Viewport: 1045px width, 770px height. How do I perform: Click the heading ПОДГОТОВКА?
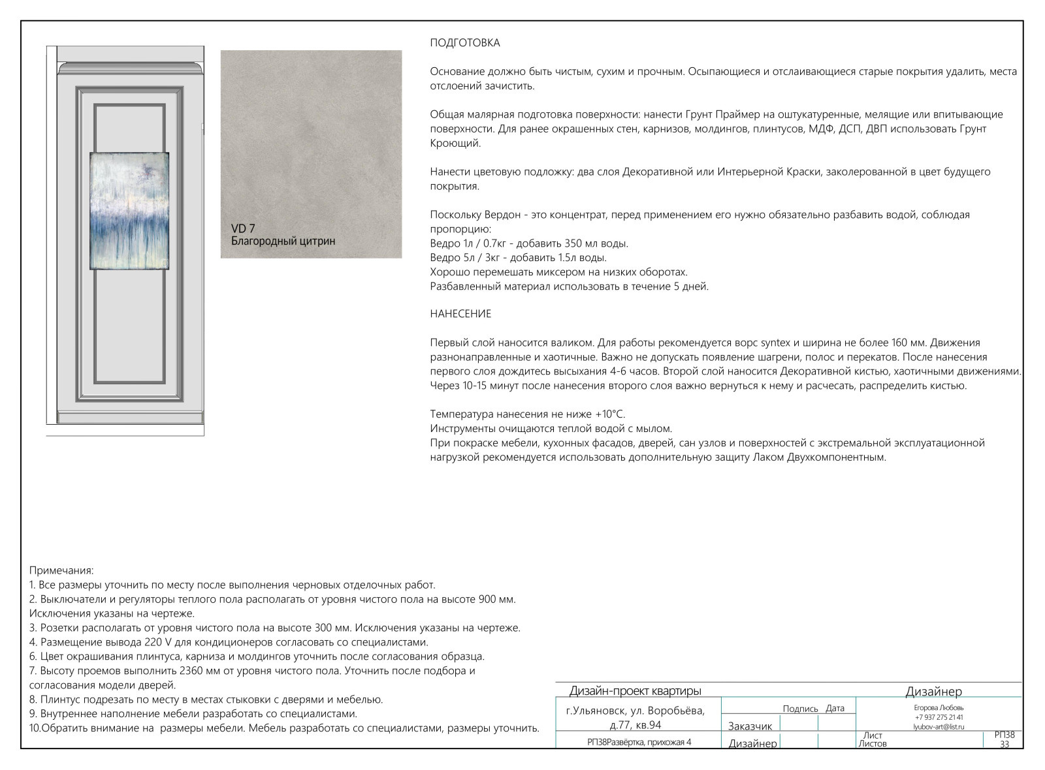(x=465, y=43)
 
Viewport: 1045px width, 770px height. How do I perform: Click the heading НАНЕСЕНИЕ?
(x=460, y=314)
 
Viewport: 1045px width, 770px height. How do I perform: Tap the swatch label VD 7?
(x=243, y=228)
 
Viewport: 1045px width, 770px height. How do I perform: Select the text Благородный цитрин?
(x=283, y=241)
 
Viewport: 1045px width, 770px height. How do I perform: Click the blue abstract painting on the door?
(x=129, y=211)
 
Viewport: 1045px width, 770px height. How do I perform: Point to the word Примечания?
(x=61, y=570)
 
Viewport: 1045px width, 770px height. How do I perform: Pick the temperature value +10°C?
(x=609, y=414)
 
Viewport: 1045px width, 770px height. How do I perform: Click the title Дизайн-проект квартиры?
(x=635, y=691)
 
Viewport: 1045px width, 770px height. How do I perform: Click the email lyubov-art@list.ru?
(x=939, y=726)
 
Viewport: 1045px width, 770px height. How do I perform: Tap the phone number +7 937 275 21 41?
(x=939, y=717)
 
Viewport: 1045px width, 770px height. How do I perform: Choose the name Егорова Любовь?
(x=939, y=707)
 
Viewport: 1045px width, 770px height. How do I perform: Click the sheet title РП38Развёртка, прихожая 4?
(x=639, y=742)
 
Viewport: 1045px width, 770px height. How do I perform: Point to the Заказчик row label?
(x=750, y=726)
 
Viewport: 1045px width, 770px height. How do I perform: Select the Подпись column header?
(x=800, y=709)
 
